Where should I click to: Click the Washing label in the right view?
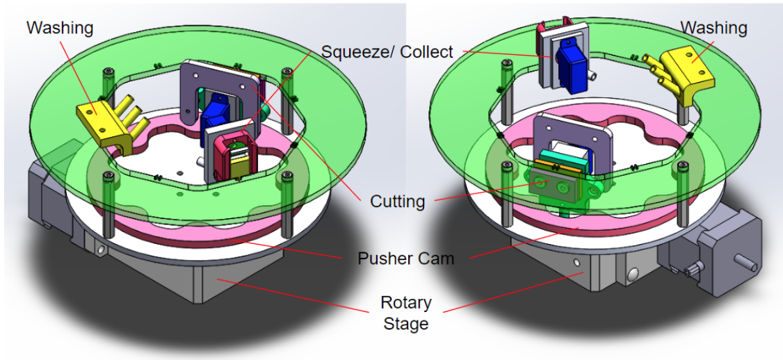tap(713, 28)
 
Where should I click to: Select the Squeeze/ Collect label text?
tap(387, 51)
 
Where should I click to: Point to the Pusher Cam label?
tap(405, 259)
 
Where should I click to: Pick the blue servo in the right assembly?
tap(567, 59)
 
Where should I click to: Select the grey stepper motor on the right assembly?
tap(716, 250)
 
